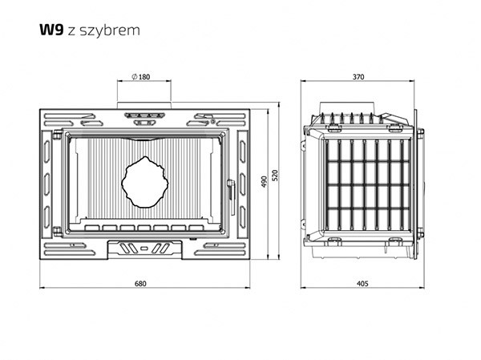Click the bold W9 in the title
point(51,30)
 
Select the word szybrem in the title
point(119,31)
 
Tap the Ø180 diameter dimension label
point(141,77)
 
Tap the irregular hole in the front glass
point(143,180)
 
